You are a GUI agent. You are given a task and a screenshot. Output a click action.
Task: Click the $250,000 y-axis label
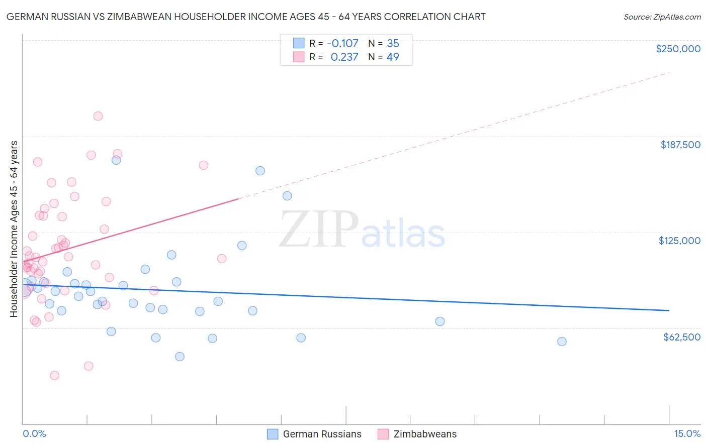point(678,49)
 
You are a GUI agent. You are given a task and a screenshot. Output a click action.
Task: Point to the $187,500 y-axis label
point(680,145)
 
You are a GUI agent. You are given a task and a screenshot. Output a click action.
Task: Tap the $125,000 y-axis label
point(679,241)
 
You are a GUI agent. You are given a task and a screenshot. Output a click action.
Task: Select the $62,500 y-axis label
point(681,337)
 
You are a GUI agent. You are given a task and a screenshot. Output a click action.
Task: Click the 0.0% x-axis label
point(34,433)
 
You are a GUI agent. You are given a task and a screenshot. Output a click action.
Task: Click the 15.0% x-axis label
point(687,433)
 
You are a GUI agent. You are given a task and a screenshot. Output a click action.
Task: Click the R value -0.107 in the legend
point(342,44)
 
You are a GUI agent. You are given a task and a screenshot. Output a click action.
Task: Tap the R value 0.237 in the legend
point(344,57)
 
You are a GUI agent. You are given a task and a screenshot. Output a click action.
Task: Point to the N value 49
point(393,57)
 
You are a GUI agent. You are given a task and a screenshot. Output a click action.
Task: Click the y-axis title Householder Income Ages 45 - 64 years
point(14,229)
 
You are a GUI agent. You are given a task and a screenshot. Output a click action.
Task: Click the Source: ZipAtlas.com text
point(662,17)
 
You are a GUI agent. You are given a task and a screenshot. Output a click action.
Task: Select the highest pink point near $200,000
point(98,116)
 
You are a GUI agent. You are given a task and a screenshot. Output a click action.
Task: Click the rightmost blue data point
point(562,342)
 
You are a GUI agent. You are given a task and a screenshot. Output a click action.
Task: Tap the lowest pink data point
point(55,375)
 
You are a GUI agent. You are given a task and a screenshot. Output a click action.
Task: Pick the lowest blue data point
point(180,357)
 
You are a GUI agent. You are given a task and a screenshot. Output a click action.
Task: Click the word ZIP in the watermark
point(318,230)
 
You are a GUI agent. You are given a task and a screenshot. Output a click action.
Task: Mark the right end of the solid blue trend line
point(669,310)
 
